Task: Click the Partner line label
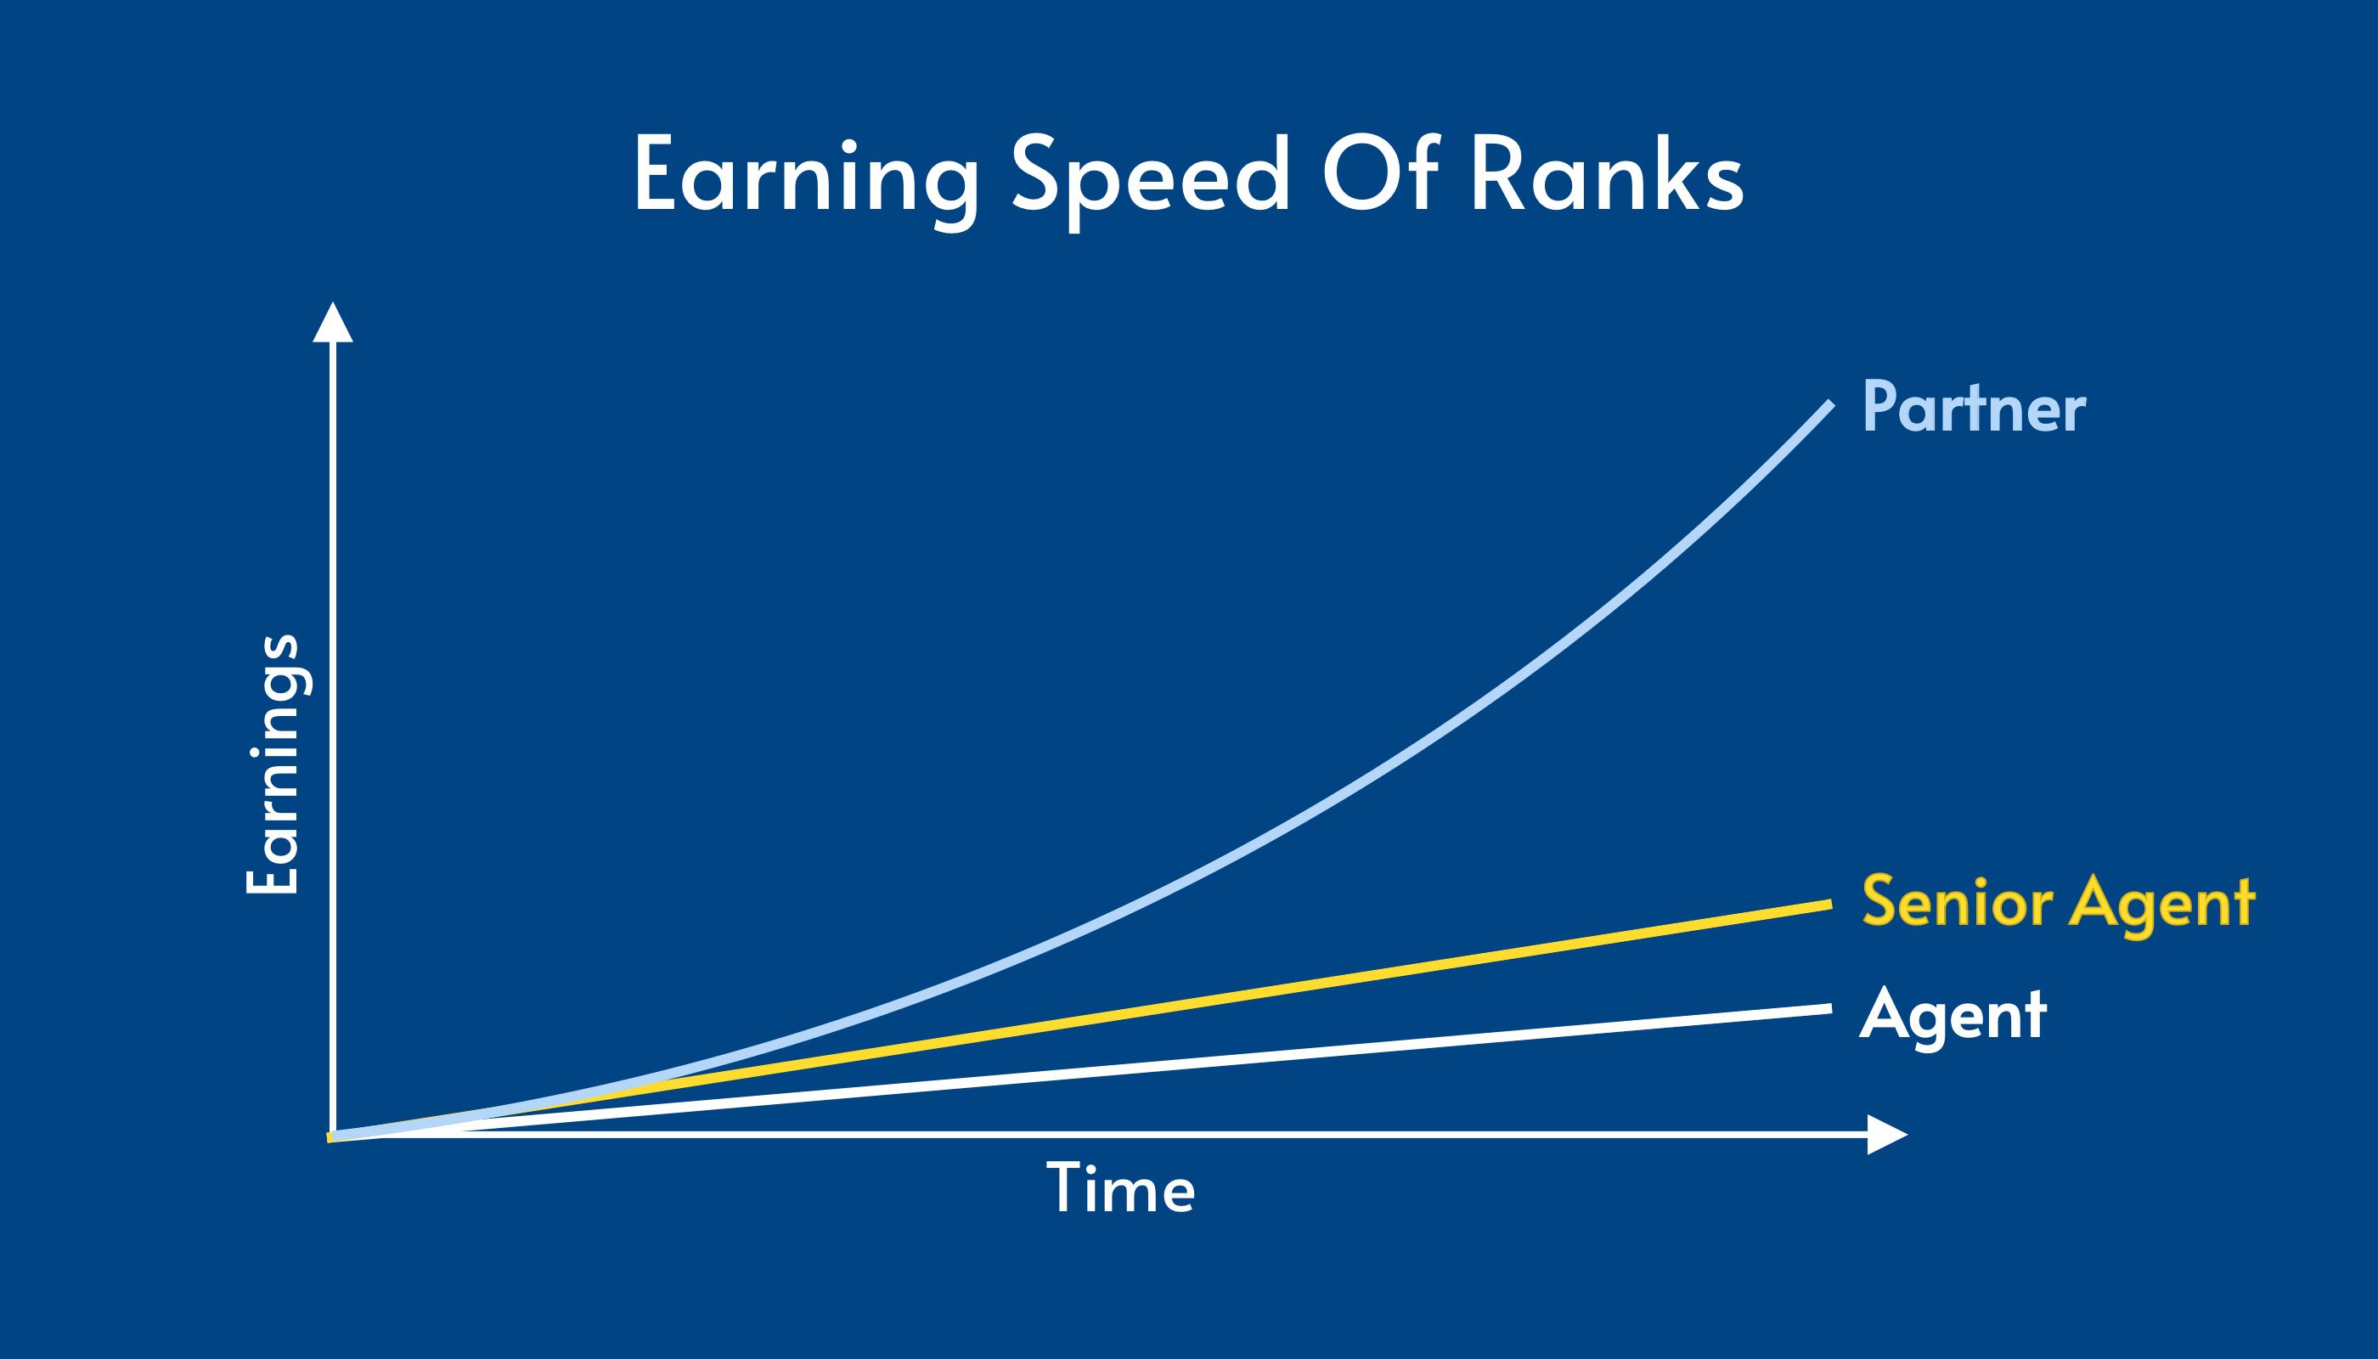coord(1974,408)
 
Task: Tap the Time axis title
coord(1121,1187)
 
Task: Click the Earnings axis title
coord(273,764)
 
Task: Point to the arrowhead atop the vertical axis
coord(333,322)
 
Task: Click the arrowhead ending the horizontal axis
coord(1887,1135)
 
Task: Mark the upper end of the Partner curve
coord(1831,403)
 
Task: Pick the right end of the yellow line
coord(1831,905)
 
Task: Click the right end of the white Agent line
coord(1831,1008)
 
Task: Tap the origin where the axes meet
coord(333,1135)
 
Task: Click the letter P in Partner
coord(1879,406)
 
